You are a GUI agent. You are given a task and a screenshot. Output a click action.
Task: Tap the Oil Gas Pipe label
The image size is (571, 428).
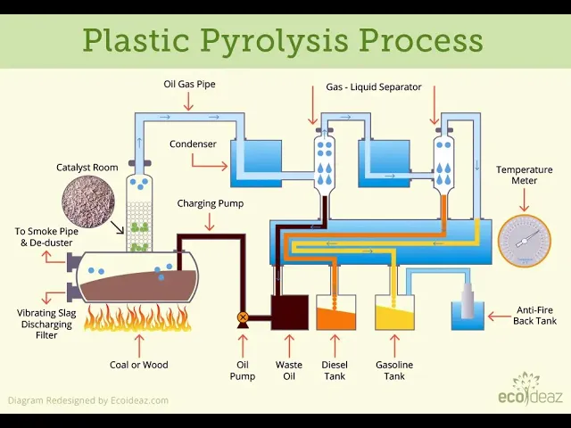click(189, 84)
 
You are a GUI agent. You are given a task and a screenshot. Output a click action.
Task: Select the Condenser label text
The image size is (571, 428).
click(193, 144)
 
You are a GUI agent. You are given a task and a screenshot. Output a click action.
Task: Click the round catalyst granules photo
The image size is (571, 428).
click(88, 202)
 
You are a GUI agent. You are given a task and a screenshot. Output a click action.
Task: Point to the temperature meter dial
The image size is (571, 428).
click(525, 241)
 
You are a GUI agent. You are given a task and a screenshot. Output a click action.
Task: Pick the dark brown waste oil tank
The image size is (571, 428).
click(290, 313)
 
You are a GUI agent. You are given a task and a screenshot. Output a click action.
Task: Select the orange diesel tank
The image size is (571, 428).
click(335, 313)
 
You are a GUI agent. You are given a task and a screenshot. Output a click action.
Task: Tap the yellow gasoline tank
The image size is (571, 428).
click(394, 313)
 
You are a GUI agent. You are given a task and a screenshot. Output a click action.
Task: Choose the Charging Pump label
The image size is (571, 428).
click(211, 203)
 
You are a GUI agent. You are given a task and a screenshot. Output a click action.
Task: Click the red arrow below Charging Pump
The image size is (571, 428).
click(210, 222)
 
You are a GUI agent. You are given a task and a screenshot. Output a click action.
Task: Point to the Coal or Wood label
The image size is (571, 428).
click(139, 365)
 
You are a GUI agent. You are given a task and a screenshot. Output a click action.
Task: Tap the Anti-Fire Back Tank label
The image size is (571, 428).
click(534, 316)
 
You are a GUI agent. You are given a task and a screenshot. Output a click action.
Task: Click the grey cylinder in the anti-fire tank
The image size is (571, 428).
click(468, 300)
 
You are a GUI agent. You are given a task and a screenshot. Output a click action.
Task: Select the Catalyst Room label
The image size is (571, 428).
click(87, 168)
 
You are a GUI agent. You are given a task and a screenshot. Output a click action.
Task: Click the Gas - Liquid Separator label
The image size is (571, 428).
click(374, 87)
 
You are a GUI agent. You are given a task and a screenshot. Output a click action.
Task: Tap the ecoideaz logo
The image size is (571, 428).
click(530, 390)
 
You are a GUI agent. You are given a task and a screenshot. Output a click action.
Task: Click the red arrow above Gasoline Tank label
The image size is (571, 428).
click(394, 346)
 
